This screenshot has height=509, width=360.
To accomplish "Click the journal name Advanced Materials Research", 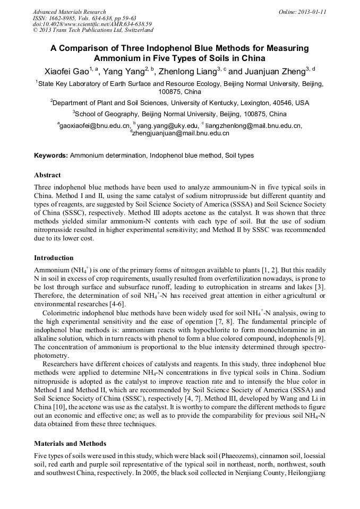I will pyautogui.click(x=69, y=12).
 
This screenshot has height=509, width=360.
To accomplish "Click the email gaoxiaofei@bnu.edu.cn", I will pyautogui.click(x=94, y=126).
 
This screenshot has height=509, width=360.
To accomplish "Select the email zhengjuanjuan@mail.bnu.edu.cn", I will pyautogui.click(x=181, y=134).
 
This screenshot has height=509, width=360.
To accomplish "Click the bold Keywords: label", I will pyautogui.click(x=51, y=156).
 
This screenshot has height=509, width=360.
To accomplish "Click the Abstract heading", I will pyautogui.click(x=47, y=175).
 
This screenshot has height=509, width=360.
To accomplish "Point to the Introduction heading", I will pyautogui.click(x=54, y=258).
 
